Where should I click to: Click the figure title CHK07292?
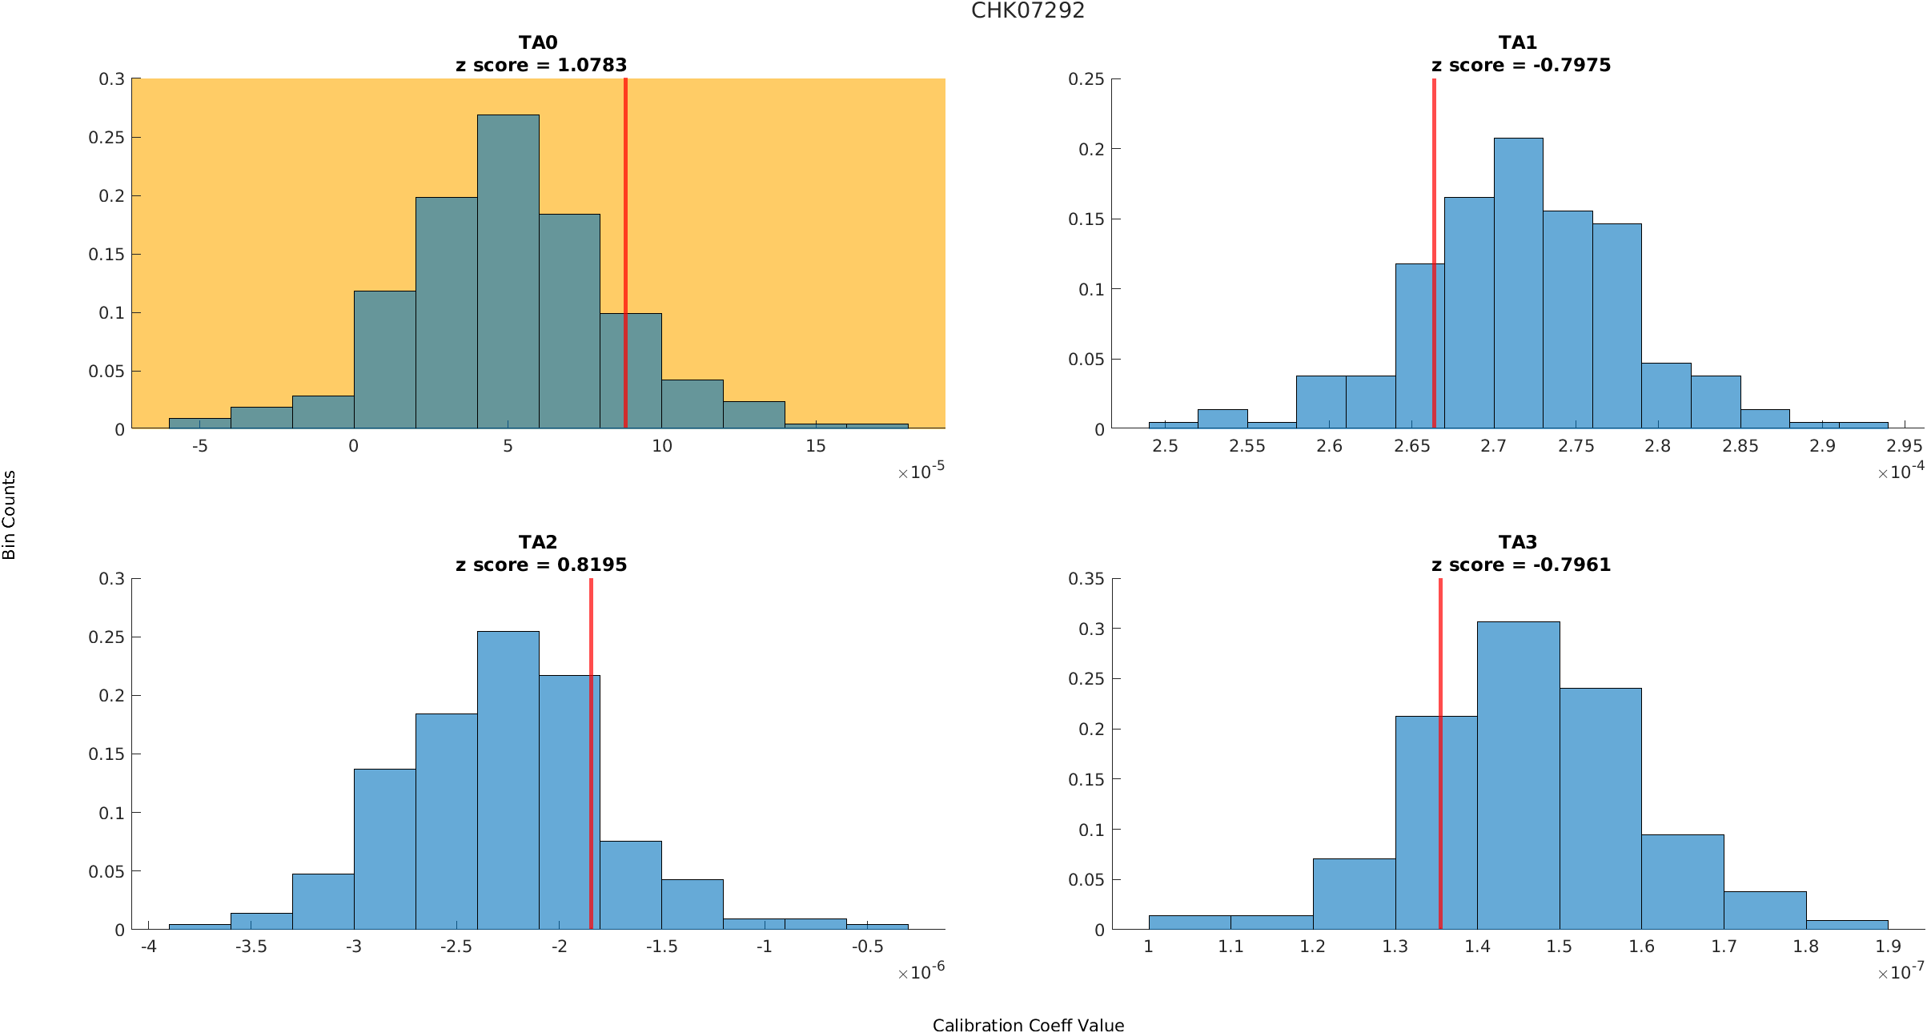(x=1028, y=10)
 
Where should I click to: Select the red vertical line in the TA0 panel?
(x=625, y=240)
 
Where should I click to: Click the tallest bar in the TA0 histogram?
(x=508, y=272)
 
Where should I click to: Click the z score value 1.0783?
(x=592, y=65)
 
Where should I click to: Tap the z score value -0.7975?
(x=1572, y=65)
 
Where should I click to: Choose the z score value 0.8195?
(x=592, y=565)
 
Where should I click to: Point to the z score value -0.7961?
(x=1572, y=565)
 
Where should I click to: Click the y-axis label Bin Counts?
(x=10, y=515)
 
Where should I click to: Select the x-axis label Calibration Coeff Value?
(x=1028, y=1025)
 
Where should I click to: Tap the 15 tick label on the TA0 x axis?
(x=815, y=446)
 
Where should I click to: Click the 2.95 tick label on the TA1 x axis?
(x=1904, y=446)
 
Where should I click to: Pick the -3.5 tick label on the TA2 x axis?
(x=251, y=947)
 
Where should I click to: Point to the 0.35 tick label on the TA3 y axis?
(x=1086, y=578)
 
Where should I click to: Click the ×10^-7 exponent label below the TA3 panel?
(x=1900, y=972)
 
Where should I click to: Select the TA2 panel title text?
(x=538, y=542)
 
